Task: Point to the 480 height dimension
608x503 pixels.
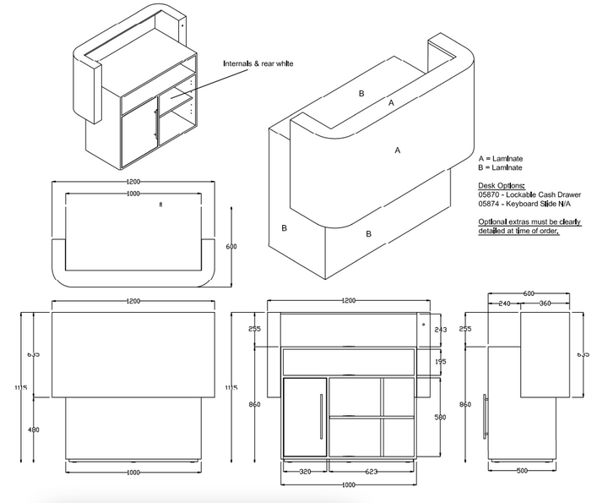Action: (x=35, y=429)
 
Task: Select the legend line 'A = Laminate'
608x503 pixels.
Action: (x=499, y=158)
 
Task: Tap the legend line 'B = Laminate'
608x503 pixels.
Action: (x=499, y=167)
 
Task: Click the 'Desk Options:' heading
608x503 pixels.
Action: (x=501, y=185)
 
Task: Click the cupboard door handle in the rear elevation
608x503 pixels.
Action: (x=320, y=417)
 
